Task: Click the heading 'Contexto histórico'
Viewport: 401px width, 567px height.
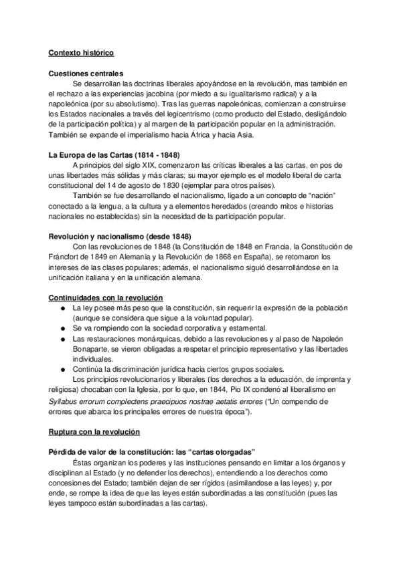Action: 81,52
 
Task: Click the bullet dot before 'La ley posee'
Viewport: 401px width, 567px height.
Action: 62,308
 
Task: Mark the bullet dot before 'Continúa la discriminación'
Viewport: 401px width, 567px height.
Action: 62,368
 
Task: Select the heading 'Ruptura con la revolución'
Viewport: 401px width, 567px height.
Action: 94,433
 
